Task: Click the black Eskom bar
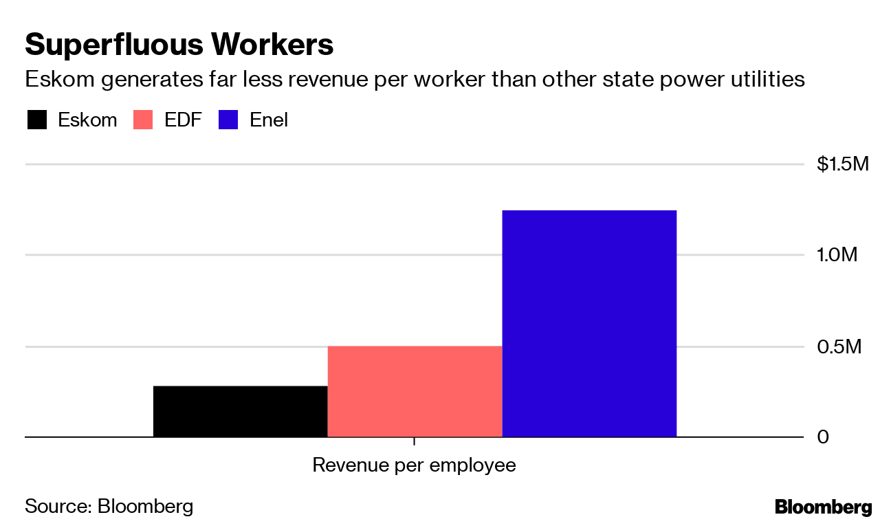click(240, 411)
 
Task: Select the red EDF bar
click(415, 391)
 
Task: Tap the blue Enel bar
click(589, 323)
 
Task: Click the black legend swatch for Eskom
click(37, 120)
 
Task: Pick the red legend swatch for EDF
click(143, 120)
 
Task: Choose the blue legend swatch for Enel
click(228, 120)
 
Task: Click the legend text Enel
click(269, 120)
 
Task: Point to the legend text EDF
click(182, 120)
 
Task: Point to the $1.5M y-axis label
click(843, 164)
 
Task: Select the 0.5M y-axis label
click(839, 346)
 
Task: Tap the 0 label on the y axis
click(823, 437)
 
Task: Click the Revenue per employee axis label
click(414, 465)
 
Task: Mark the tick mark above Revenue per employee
click(414, 441)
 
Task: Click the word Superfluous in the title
click(113, 45)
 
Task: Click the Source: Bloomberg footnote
click(109, 507)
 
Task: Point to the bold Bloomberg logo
click(823, 507)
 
